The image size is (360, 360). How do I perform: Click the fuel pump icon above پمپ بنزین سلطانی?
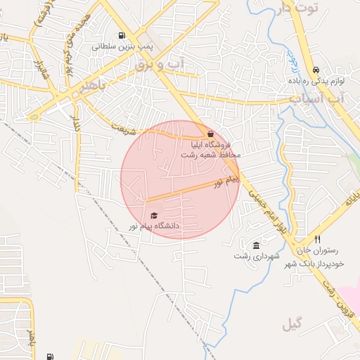click(124, 36)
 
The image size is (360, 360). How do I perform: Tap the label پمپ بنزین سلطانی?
click(123, 47)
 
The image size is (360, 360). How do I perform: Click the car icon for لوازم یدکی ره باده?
click(316, 70)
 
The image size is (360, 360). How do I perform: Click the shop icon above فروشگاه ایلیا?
click(210, 134)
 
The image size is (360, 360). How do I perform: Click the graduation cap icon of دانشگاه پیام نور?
click(154, 215)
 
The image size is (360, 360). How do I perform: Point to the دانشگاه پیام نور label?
click(153, 226)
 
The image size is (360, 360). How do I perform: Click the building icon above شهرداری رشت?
click(256, 245)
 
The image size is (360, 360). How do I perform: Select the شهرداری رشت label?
click(252, 256)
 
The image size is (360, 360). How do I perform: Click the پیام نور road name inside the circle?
click(227, 182)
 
